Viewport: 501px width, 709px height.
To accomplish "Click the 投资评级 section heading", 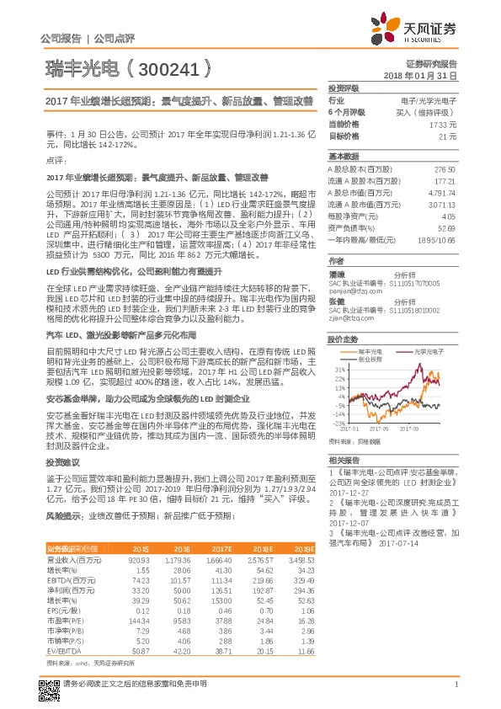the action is click(344, 88).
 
